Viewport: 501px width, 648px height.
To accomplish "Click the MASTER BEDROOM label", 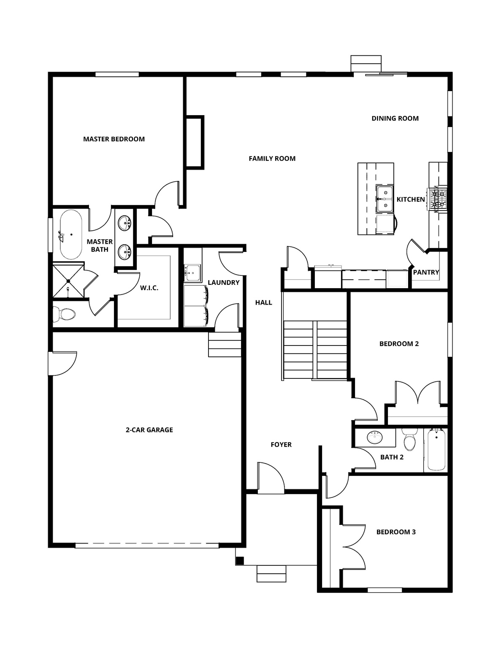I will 114,139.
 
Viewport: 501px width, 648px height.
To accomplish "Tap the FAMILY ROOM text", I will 272,159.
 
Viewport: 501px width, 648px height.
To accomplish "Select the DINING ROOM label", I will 395,119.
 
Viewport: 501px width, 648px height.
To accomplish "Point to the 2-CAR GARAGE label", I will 149,430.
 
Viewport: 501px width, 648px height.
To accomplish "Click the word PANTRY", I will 426,272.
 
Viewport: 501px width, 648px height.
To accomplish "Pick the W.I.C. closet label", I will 149,288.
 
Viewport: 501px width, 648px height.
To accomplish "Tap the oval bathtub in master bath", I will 70,235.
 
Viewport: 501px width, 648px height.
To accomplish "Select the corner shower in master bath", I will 68,280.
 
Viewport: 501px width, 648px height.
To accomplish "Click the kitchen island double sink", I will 385,199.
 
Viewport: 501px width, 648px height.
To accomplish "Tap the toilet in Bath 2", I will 409,441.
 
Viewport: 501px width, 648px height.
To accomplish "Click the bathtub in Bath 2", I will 436,450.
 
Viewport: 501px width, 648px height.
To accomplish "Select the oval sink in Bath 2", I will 374,437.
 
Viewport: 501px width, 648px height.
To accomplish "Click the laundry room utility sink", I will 193,273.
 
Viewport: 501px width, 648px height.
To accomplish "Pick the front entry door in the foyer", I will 270,479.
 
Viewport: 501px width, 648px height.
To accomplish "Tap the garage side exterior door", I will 62,363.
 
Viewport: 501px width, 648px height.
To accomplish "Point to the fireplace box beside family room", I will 195,143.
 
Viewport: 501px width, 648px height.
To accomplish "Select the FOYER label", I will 281,445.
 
